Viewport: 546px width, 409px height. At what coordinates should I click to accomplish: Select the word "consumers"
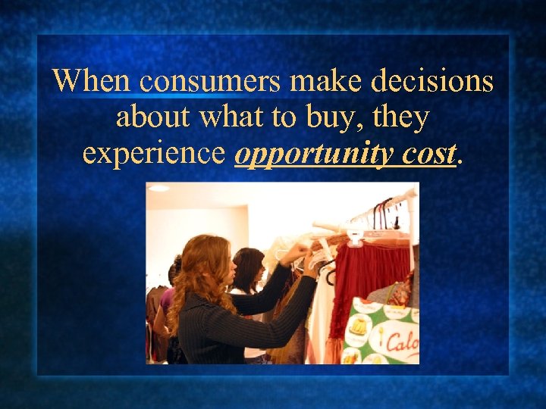coord(200,80)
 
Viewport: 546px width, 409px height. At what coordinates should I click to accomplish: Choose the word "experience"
coord(154,154)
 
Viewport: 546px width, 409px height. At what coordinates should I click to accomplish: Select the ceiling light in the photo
coord(158,189)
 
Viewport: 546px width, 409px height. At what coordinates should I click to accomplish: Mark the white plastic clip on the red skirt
coord(354,237)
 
